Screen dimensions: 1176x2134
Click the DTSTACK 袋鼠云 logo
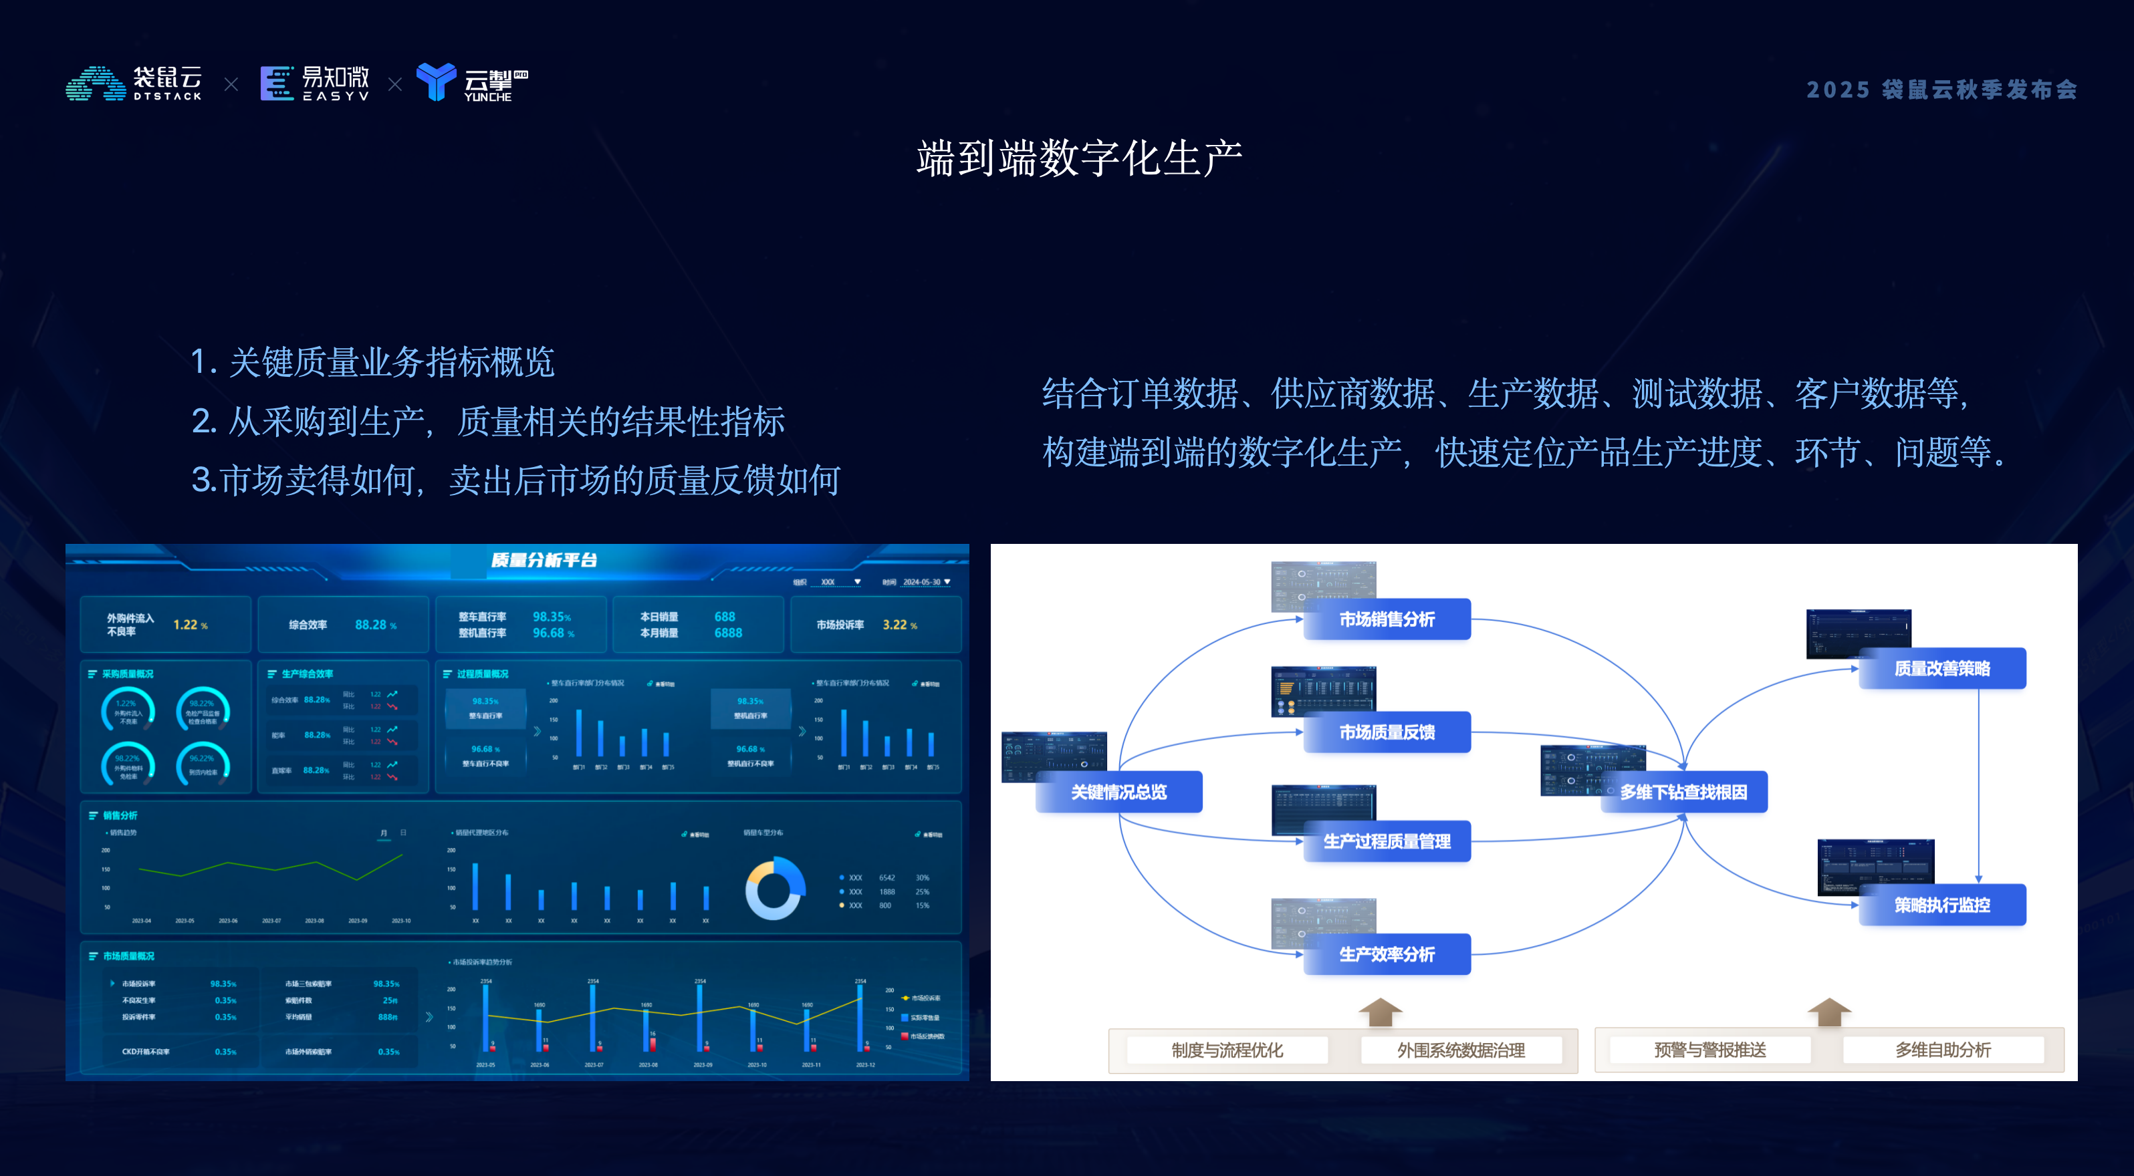coord(134,84)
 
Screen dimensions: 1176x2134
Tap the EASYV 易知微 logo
coord(315,84)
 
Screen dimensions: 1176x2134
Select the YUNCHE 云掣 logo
coord(472,83)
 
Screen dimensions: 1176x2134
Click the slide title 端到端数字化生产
coord(1078,158)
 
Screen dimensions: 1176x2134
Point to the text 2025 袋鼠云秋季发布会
coord(1941,90)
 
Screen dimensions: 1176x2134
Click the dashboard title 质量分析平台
coord(544,560)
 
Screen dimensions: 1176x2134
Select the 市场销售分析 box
coord(1387,619)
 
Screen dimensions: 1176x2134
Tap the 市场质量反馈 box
coord(1387,732)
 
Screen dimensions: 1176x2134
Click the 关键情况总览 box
coord(1118,792)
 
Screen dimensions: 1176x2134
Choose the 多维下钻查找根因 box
coord(1683,792)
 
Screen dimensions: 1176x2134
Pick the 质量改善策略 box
coord(1942,668)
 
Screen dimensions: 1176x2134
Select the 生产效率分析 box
coord(1387,954)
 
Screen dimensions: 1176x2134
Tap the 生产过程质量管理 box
coord(1387,841)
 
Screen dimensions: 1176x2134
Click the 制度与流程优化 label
coord(1227,1050)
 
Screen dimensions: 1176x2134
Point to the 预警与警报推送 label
coord(1710,1050)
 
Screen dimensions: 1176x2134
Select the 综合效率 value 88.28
coord(371,625)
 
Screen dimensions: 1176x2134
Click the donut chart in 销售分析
coord(775,889)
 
